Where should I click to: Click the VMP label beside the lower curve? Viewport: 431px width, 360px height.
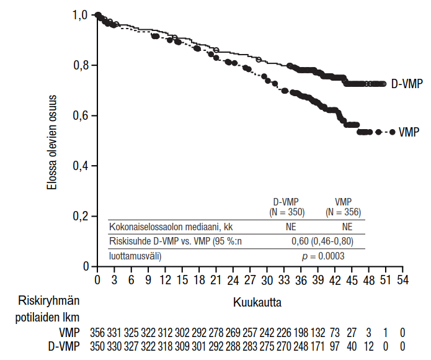(x=409, y=132)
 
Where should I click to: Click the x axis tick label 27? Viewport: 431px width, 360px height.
(x=250, y=280)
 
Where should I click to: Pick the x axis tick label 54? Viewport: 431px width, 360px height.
(x=403, y=280)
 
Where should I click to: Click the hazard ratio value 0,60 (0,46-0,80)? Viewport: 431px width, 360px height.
(x=322, y=241)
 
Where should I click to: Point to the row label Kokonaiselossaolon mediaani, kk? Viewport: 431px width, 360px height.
(x=167, y=227)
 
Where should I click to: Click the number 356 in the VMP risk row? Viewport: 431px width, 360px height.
(x=97, y=333)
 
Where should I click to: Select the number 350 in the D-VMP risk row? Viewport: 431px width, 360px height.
(x=97, y=346)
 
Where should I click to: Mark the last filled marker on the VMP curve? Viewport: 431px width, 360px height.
(x=392, y=132)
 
